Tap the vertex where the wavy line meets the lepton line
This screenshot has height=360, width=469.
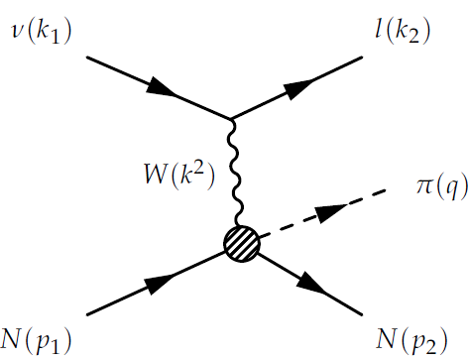pos(233,120)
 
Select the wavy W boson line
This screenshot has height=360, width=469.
pos(235,174)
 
